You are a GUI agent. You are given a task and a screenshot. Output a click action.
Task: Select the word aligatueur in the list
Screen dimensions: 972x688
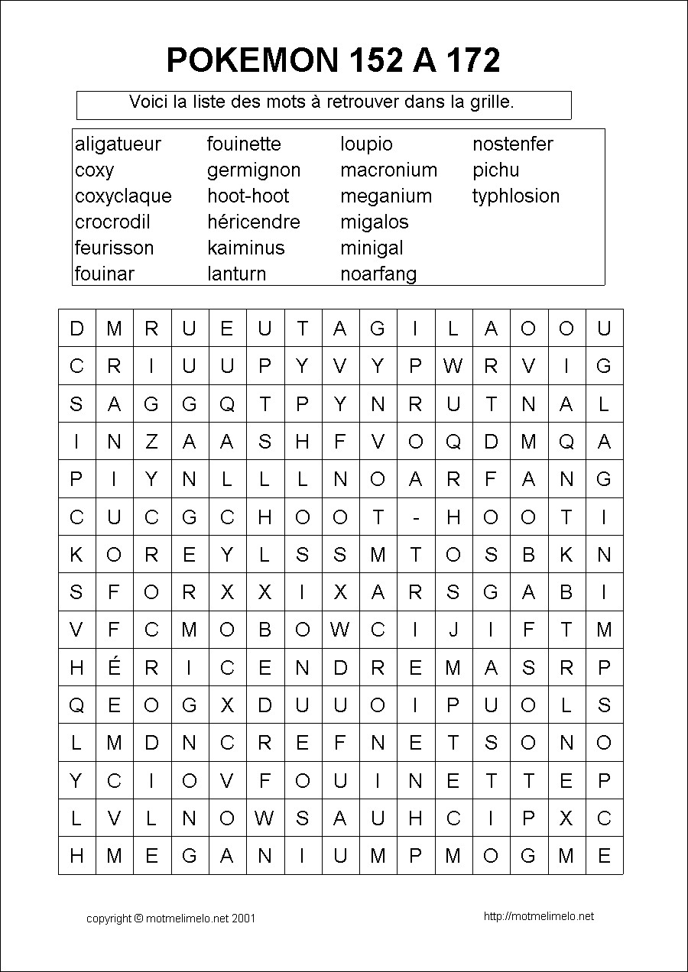(118, 144)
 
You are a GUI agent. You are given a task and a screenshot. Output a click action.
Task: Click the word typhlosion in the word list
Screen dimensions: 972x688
(515, 196)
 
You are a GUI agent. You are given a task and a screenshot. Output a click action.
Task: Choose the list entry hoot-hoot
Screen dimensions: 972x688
(248, 196)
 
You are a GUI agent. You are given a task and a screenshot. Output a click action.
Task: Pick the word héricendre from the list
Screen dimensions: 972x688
(253, 222)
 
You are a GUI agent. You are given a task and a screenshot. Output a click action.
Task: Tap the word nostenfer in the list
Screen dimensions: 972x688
(512, 144)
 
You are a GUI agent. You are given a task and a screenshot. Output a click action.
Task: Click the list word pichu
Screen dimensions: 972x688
(495, 170)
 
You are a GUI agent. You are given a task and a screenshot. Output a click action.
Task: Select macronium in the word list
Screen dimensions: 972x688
(388, 170)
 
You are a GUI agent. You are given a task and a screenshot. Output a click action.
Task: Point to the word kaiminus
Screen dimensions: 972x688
(245, 248)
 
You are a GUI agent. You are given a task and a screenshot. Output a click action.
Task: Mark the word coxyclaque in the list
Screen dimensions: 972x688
(123, 196)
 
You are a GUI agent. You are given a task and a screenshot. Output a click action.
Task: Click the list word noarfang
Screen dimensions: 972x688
(378, 274)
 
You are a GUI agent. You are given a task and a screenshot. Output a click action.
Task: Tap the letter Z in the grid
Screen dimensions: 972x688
(151, 442)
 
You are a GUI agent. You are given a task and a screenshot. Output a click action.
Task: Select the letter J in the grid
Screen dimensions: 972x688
(453, 630)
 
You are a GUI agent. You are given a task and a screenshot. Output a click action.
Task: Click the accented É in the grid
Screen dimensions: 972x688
(115, 667)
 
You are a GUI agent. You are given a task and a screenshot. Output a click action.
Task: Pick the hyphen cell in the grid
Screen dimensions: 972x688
(416, 518)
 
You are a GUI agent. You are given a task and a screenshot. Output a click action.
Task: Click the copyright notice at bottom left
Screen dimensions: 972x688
(170, 919)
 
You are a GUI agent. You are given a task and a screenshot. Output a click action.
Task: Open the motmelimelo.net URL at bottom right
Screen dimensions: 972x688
(538, 917)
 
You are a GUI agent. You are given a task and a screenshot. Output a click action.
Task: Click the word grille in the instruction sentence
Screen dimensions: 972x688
(489, 102)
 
